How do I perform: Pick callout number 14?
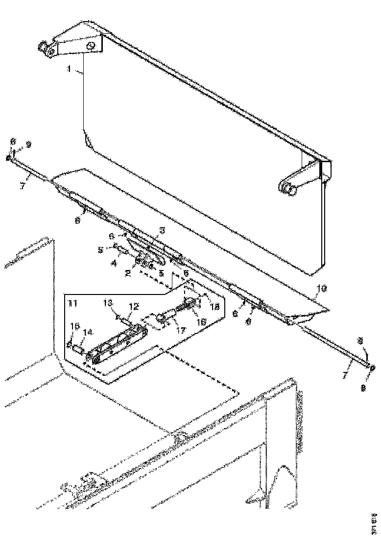pos(87,332)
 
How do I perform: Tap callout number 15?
pos(75,326)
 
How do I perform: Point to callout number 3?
pos(162,230)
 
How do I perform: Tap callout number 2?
pos(127,272)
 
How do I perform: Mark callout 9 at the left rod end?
pos(28,145)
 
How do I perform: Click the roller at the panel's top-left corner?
pos(43,48)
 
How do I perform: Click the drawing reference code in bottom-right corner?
pos(374,523)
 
